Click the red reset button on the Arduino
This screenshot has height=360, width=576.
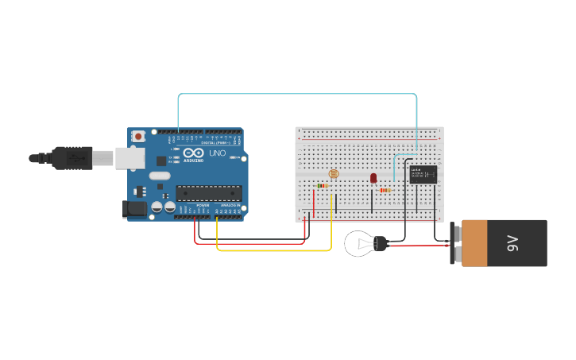[139, 137]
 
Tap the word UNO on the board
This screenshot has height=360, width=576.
[217, 153]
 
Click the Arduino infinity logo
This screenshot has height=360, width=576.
[193, 153]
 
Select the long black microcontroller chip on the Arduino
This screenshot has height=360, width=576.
[208, 192]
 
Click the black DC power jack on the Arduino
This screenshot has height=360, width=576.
[134, 209]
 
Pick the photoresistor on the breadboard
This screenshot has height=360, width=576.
[333, 173]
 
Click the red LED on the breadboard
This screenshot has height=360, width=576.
[373, 178]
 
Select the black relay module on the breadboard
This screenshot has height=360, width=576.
[423, 174]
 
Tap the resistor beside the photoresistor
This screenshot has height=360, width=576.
[323, 186]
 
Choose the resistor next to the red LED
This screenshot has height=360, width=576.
[385, 190]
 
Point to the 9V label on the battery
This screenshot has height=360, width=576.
[512, 243]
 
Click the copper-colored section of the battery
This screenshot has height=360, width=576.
[474, 243]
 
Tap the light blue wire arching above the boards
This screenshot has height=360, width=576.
[298, 94]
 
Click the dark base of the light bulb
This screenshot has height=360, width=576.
[381, 243]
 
